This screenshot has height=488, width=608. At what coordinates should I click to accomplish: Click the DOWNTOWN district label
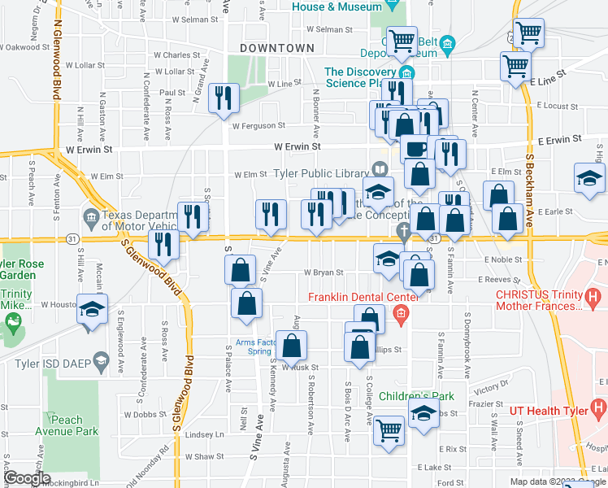(277, 49)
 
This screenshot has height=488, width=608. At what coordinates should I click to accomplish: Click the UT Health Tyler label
(549, 410)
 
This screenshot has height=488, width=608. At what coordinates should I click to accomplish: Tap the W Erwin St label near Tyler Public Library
(297, 146)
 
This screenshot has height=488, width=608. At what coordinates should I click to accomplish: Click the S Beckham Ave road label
(529, 179)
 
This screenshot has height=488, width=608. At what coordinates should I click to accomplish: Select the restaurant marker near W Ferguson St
(222, 98)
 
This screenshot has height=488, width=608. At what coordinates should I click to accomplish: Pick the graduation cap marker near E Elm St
(589, 178)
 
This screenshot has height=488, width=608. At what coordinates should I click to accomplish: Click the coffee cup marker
(415, 149)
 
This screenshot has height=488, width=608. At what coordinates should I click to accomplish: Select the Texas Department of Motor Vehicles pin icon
(91, 216)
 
